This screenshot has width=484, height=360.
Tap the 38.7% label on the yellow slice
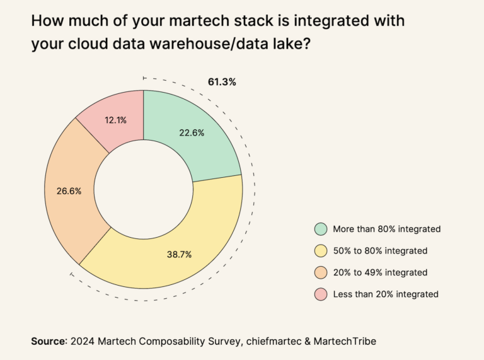(178, 254)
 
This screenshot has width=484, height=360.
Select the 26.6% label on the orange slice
(69, 191)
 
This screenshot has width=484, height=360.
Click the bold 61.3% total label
(222, 82)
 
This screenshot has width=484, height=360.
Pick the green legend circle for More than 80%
(320, 229)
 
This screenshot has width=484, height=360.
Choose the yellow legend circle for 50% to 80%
(320, 251)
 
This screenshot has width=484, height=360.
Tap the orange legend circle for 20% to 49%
(320, 272)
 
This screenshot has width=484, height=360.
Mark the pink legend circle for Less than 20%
(320, 294)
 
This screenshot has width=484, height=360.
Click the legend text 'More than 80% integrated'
(386, 229)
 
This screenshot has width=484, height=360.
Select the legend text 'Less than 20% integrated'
(384, 294)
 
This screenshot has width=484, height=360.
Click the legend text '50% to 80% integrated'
(380, 251)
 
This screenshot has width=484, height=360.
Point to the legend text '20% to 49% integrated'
(380, 272)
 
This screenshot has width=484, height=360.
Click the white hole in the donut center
(144, 189)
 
